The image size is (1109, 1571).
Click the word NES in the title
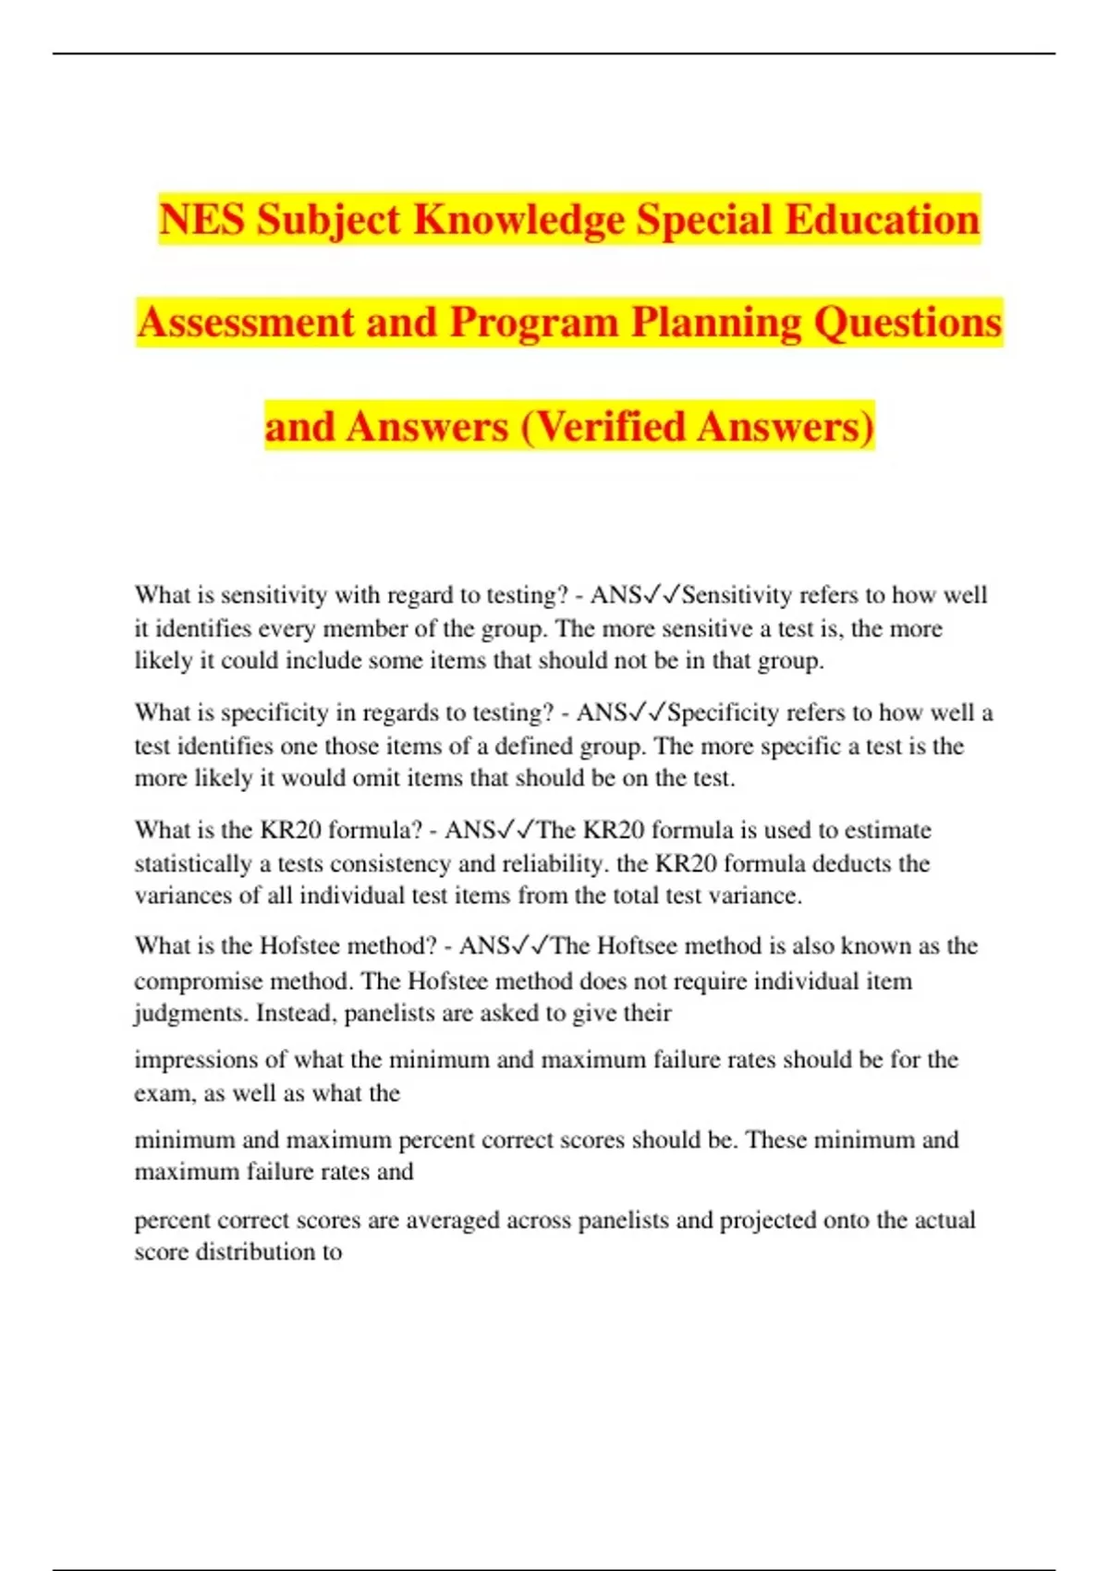201,220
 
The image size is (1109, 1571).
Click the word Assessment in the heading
245,323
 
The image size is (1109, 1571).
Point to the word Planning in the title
715,323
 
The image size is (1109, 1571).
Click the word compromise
198,980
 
